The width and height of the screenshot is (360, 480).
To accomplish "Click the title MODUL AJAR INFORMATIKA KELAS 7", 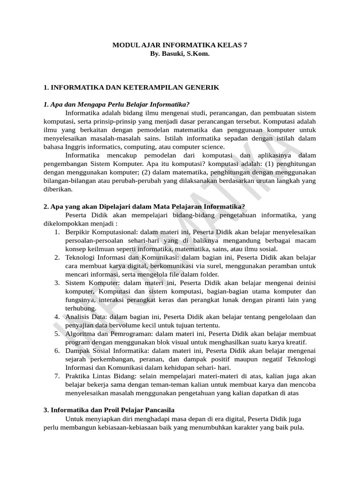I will (180, 45).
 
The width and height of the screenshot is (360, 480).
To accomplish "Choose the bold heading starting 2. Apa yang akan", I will (144, 206).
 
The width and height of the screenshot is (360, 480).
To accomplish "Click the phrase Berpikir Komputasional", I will (97, 232).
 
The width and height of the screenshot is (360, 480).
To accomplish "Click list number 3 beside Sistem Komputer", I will (57, 283).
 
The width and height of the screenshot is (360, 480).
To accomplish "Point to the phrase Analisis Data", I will (85, 317).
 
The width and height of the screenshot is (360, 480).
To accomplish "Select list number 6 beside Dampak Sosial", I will (57, 351).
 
